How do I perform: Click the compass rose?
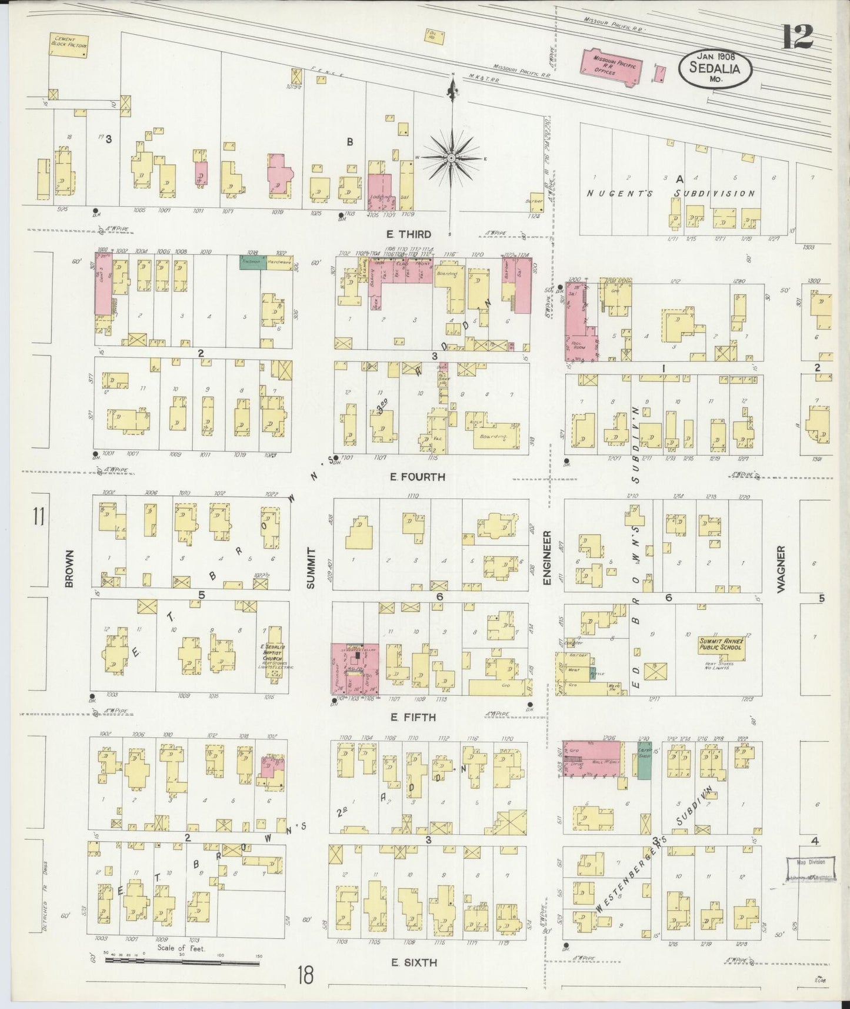pyautogui.click(x=451, y=158)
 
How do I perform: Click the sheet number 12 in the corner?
pyautogui.click(x=797, y=37)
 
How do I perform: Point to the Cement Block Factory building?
pyautogui.click(x=69, y=45)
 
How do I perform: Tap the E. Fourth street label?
pyautogui.click(x=418, y=476)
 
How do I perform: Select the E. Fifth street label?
pyautogui.click(x=412, y=717)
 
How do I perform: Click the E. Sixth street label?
pyautogui.click(x=414, y=962)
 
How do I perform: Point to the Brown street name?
pyautogui.click(x=69, y=569)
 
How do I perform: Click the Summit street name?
pyautogui.click(x=312, y=569)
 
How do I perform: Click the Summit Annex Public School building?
pyautogui.click(x=721, y=644)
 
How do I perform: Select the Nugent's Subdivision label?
pyautogui.click(x=669, y=193)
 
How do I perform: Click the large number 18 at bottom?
pyautogui.click(x=306, y=975)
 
